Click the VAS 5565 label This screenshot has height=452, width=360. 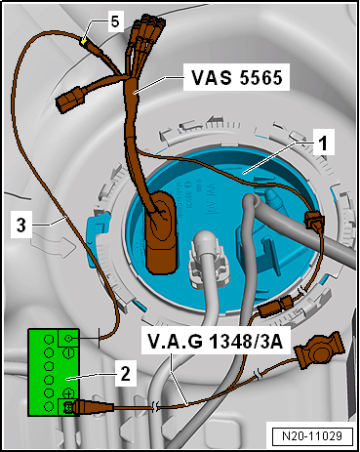coord(236,78)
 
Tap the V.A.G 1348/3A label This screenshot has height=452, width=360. coord(215,342)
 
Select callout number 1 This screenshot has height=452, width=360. coord(322,143)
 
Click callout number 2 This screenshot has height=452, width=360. coord(125,374)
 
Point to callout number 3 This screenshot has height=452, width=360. coord(21,225)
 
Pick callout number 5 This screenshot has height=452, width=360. coord(115,21)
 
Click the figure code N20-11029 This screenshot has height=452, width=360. coord(312,435)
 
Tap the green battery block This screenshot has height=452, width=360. coord(54,372)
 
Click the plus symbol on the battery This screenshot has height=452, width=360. coord(69,393)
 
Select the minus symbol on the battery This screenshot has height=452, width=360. coord(69,352)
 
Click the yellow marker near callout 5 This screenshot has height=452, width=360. coord(84,42)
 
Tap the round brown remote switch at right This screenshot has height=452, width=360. coord(319,350)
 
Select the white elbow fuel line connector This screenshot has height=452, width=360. coord(203,258)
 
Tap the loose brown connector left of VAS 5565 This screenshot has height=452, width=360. coord(69,99)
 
